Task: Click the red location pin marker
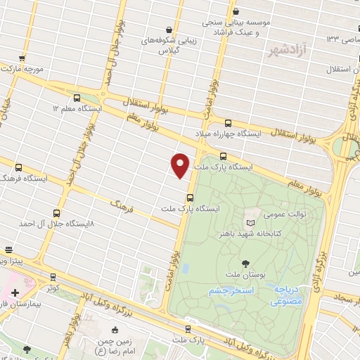click(x=181, y=165)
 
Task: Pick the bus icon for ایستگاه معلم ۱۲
click(x=76, y=98)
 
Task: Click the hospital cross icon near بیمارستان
click(x=15, y=292)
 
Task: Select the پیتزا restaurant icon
click(x=9, y=250)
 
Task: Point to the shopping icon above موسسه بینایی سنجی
click(x=236, y=11)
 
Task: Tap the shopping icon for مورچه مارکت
click(x=23, y=58)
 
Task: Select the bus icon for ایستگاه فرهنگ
click(x=18, y=167)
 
